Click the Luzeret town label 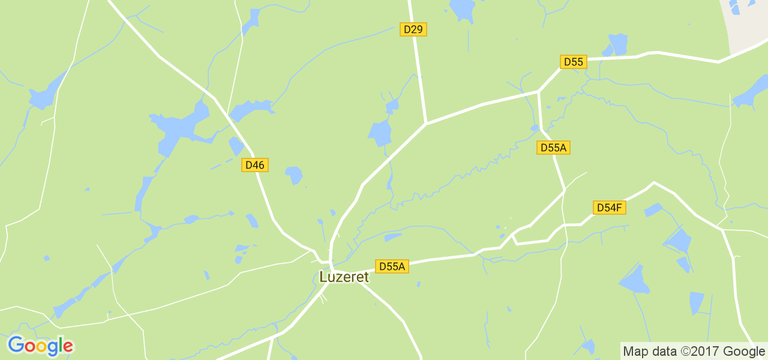[x=344, y=277]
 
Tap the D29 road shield [x=413, y=29]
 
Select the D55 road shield [x=573, y=62]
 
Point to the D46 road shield [x=255, y=165]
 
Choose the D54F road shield [x=610, y=208]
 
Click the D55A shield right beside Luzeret [x=392, y=266]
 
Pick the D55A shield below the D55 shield [x=553, y=148]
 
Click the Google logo [x=40, y=346]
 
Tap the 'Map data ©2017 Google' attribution [x=694, y=351]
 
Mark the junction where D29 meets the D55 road [x=425, y=124]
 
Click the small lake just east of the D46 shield [x=293, y=175]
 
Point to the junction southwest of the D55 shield [x=539, y=92]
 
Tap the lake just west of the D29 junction [x=380, y=133]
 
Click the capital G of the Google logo [x=15, y=346]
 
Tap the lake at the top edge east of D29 [x=462, y=8]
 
